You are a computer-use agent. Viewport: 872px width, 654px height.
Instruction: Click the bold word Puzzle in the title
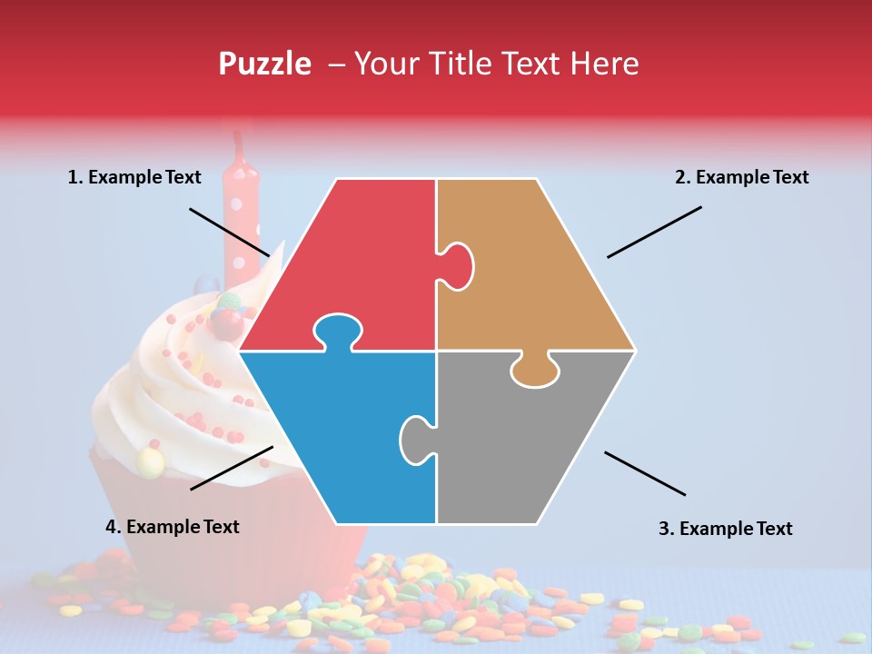tap(264, 64)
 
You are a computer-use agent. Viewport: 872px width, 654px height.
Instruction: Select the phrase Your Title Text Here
tap(496, 64)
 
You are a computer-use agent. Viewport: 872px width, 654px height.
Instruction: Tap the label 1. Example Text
tap(134, 177)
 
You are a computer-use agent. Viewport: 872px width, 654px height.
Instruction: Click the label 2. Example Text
tap(741, 177)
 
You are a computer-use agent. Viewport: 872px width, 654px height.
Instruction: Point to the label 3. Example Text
tap(725, 529)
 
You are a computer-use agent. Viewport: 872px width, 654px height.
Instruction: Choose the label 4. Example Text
tap(173, 527)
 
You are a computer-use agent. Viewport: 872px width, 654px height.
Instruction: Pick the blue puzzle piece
tap(336, 427)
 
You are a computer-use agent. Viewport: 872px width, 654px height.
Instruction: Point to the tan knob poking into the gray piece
tap(534, 371)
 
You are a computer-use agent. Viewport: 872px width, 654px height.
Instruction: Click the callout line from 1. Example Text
tap(230, 233)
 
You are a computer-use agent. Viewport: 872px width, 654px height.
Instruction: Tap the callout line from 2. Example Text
tap(654, 232)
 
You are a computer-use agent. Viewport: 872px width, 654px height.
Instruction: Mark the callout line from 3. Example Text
tap(645, 473)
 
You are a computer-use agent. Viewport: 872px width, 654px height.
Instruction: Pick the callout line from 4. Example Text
tap(232, 468)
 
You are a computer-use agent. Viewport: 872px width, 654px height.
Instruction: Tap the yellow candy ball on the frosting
tap(150, 462)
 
